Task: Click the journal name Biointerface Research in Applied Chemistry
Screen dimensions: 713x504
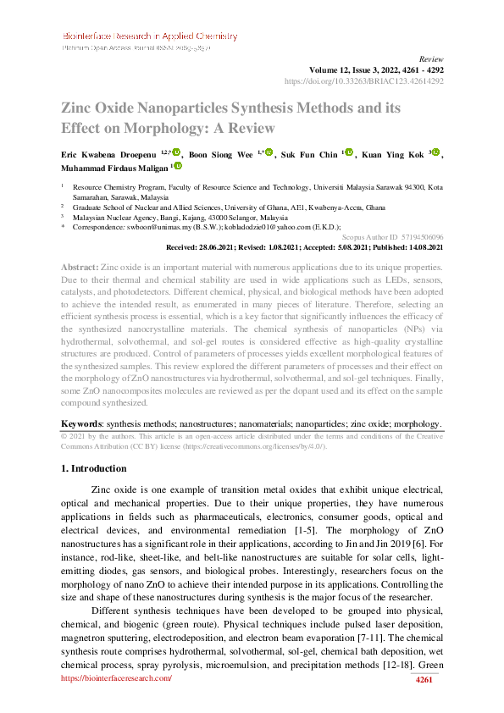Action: coord(149,37)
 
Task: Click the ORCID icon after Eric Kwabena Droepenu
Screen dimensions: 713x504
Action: coord(176,152)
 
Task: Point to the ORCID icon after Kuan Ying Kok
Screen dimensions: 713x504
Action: coord(436,152)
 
